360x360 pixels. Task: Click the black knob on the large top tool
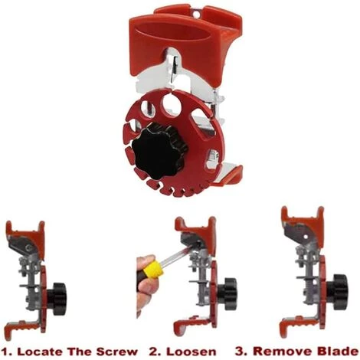tap(159, 151)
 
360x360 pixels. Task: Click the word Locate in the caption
tap(41, 352)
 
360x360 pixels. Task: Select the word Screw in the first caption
tap(118, 352)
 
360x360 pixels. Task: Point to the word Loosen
tap(191, 352)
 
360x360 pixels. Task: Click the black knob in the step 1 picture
tap(57, 298)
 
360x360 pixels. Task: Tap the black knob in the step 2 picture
tap(227, 293)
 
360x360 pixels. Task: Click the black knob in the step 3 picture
tap(338, 290)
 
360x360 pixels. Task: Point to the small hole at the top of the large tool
tap(196, 14)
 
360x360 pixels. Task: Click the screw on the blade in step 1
tap(28, 247)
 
